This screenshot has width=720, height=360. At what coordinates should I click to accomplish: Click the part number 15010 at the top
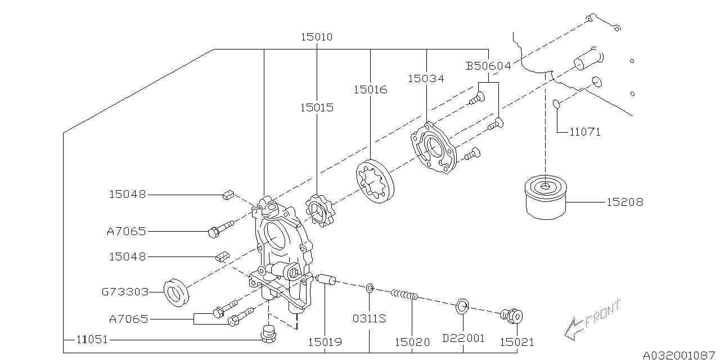coord(316,37)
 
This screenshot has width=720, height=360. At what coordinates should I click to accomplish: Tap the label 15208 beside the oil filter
coord(624,202)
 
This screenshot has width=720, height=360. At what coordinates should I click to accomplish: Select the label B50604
coord(488,66)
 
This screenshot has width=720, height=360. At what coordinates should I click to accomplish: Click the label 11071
coord(584,132)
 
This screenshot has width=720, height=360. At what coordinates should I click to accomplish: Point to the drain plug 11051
coord(269,334)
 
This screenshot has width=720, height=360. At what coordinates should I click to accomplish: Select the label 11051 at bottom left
coord(92,339)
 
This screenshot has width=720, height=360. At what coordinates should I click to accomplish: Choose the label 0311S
coord(369,318)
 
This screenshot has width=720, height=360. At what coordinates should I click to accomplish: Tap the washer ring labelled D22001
coord(461,305)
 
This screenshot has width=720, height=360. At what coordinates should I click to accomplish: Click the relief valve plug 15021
coord(511,317)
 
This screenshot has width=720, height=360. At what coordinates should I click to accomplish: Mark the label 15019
coord(325,341)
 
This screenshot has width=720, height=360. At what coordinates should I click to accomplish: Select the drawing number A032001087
coord(680,354)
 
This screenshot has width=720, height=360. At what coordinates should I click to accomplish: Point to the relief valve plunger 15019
coord(326,279)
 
